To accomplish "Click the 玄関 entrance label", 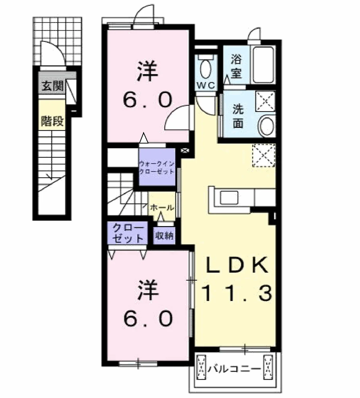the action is pos(52,86).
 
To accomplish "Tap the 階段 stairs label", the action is pos(52,121).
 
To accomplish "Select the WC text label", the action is pos(206,86).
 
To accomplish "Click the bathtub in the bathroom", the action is pos(263,65).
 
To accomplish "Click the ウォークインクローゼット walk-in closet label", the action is pos(157,168).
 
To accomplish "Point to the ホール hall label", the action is pos(162,208).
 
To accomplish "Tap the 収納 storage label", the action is pos(164,236).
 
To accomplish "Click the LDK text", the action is pos(237,265).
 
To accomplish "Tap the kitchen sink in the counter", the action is pos(229,198).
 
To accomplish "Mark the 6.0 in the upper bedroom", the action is pos(148,100).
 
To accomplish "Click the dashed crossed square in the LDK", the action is pos(264,156).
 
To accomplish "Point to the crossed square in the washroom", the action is pos(265,101).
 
